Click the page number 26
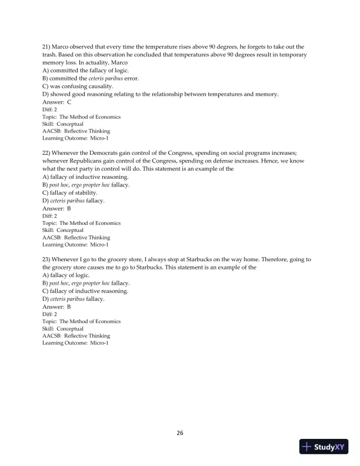pos(180,433)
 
